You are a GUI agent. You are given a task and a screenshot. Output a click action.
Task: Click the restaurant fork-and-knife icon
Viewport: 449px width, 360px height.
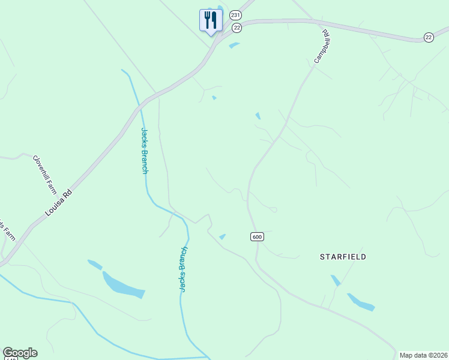point(211,20)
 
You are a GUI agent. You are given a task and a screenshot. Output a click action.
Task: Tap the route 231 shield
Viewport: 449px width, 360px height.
point(235,14)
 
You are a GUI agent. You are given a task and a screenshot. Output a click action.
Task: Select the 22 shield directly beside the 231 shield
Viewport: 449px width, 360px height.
point(237,28)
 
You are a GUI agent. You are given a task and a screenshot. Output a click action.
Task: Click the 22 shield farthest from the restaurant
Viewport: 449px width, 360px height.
point(428,37)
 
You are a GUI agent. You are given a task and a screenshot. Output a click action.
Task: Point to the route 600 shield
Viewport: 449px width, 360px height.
point(257,237)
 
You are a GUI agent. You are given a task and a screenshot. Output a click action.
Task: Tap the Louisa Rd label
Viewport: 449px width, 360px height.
point(59,203)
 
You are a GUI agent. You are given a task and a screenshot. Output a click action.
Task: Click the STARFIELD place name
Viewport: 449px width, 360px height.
point(342,257)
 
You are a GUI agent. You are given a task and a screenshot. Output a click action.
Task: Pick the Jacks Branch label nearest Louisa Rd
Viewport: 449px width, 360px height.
point(144,151)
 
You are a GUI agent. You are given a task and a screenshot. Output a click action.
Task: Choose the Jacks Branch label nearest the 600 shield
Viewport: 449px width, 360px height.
point(184,269)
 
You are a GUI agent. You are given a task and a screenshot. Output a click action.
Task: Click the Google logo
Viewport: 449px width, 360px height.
point(20,353)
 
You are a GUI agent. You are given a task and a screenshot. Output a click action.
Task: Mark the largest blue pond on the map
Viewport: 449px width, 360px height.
point(123,285)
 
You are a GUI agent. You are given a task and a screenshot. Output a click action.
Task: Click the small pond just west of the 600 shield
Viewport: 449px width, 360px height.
point(222,237)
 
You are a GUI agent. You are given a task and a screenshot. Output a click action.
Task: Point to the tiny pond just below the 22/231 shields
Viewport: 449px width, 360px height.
point(234,44)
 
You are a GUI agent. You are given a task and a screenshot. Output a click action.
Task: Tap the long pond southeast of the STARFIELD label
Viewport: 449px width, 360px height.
point(361,302)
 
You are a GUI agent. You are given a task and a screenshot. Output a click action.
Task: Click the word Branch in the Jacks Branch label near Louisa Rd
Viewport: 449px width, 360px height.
point(145,160)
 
